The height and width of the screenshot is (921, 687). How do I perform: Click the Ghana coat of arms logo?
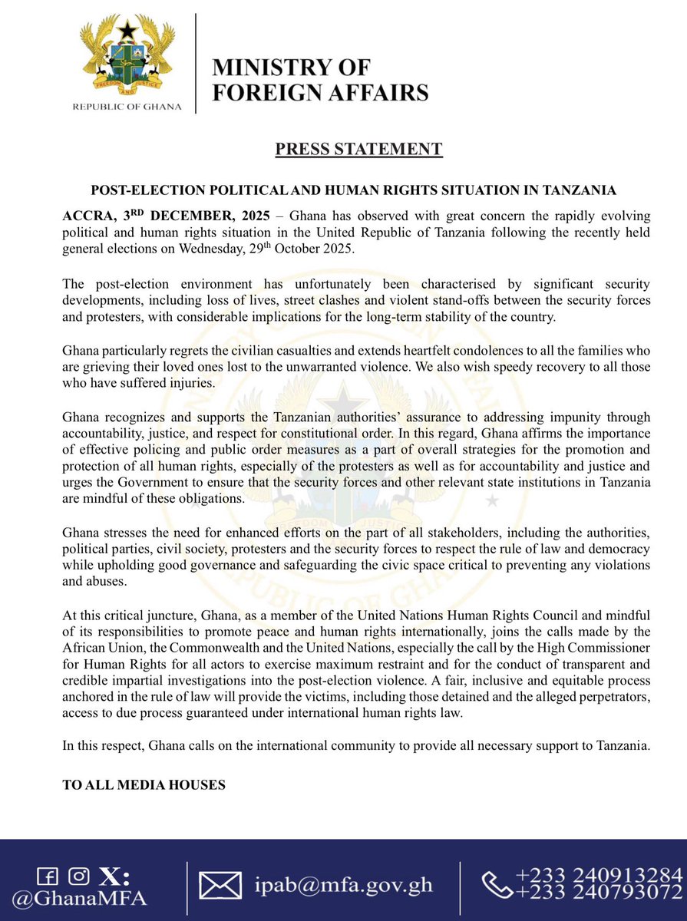[x=130, y=55]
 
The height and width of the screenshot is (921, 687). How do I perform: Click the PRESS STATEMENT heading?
[x=359, y=148]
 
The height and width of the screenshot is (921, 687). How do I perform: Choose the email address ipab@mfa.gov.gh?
[x=343, y=886]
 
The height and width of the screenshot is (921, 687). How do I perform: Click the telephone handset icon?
[x=496, y=885]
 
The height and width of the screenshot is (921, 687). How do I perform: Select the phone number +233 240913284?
[x=599, y=875]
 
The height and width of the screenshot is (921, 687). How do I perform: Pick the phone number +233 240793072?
[x=599, y=893]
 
